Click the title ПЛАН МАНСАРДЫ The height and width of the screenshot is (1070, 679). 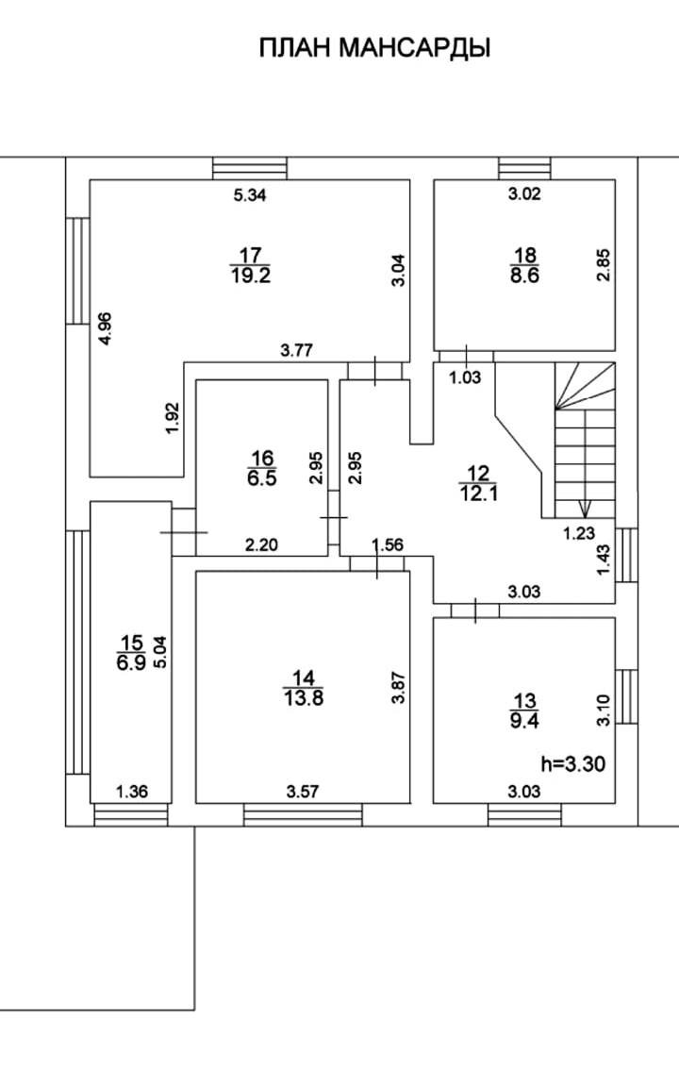coord(374,48)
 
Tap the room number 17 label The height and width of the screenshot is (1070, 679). coord(249,255)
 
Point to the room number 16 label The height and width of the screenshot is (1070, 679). coord(260,459)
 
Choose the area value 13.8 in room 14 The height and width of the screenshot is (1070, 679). coord(303,698)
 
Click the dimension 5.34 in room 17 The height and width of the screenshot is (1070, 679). coord(250,195)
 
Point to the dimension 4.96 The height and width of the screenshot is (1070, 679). coord(106,327)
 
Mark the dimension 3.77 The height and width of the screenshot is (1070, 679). coord(298,351)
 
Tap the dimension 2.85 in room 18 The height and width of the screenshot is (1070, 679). coord(604,264)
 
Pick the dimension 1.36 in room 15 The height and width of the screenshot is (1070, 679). coord(130,793)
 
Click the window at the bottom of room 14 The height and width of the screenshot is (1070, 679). coord(303,814)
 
